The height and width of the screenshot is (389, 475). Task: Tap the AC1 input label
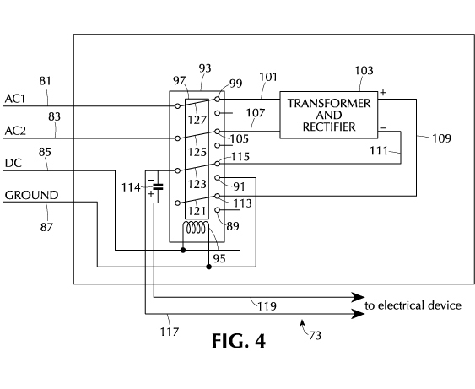15,99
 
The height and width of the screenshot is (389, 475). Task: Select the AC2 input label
15,131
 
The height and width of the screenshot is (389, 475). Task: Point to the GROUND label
31,195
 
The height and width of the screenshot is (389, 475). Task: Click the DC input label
13,164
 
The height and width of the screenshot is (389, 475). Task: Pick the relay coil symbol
196,228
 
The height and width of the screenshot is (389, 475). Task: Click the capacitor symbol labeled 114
158,186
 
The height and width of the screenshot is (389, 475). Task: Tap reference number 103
364,71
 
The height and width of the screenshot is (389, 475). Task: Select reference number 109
441,138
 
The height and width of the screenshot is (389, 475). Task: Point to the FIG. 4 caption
239,341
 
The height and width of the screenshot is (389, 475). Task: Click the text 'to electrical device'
413,305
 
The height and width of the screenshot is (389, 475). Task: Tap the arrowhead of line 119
358,298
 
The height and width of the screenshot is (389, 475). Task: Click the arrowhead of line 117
358,314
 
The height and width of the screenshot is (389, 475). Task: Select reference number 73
315,336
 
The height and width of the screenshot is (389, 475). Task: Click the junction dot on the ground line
208,267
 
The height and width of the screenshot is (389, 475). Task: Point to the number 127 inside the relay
197,120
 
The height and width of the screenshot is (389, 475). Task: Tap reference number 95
219,258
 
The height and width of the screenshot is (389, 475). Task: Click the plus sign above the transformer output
383,93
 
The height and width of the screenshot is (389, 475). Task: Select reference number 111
379,150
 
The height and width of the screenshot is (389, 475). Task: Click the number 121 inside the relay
197,211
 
